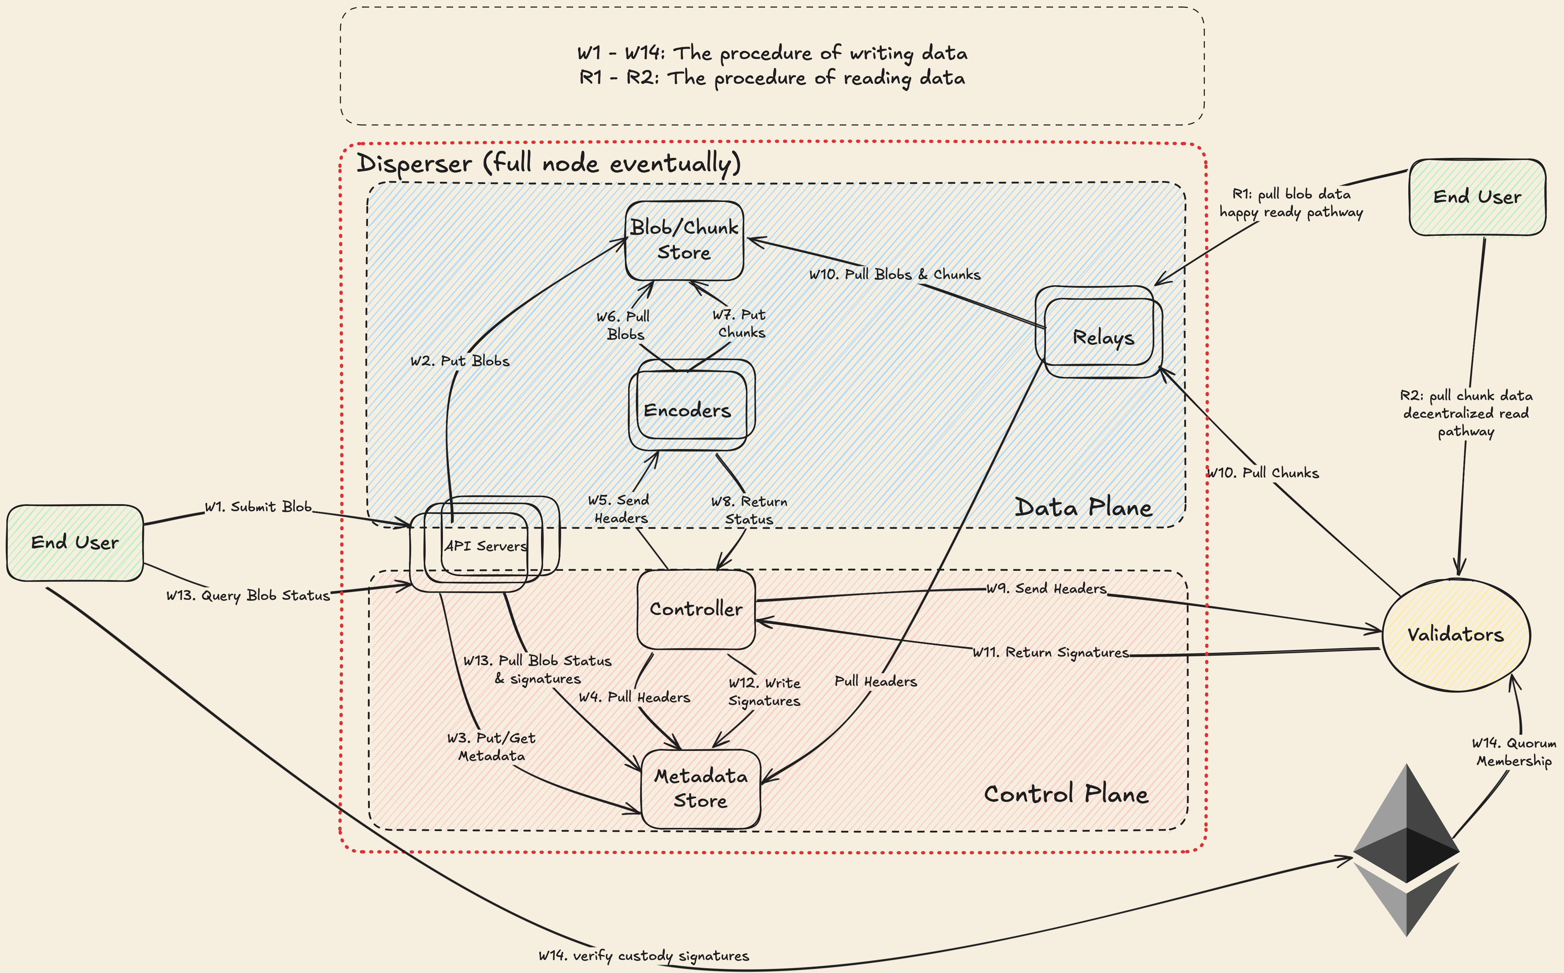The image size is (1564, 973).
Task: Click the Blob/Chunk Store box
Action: click(684, 240)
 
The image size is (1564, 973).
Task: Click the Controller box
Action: click(696, 609)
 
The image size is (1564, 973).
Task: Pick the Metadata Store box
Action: click(700, 788)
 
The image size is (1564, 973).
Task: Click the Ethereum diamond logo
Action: click(1407, 849)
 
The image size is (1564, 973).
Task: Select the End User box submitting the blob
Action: click(74, 543)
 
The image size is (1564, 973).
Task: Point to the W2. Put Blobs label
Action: click(460, 361)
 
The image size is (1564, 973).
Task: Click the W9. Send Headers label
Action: click(1046, 588)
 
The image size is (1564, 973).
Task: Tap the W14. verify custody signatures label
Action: click(644, 956)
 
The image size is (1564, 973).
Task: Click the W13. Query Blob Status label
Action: click(248, 595)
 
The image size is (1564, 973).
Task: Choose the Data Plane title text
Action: click(1083, 508)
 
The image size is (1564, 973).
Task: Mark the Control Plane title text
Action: click(1066, 794)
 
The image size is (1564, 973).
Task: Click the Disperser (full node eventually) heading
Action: click(548, 163)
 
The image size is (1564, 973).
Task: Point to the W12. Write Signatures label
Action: click(764, 692)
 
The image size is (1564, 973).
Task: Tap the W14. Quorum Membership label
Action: click(1514, 752)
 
